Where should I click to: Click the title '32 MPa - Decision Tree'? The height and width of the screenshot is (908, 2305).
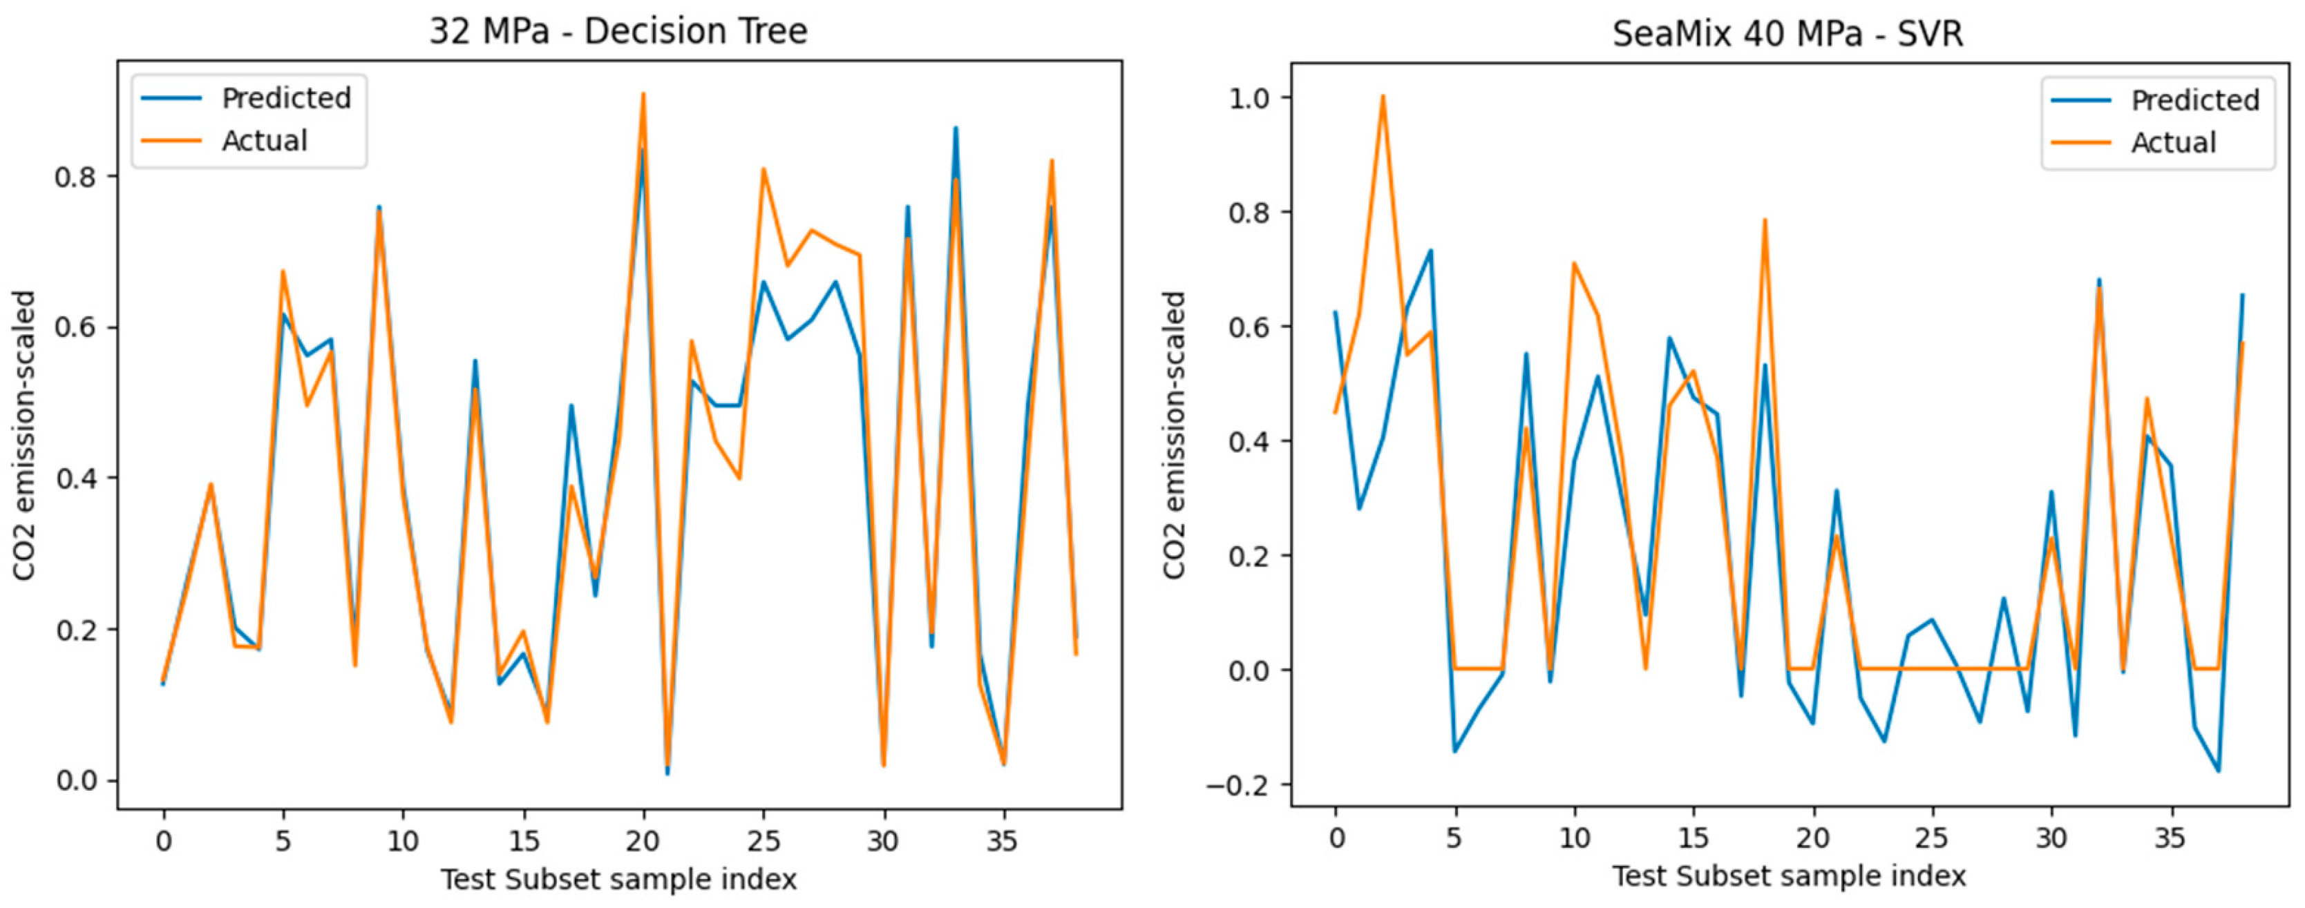click(x=618, y=31)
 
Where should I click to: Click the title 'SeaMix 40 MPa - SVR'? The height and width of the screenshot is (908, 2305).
click(x=1787, y=34)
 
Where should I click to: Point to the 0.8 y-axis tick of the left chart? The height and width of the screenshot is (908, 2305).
click(x=75, y=176)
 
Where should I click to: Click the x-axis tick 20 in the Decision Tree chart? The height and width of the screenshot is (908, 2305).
click(x=643, y=842)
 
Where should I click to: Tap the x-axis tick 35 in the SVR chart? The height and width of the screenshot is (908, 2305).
click(x=2170, y=839)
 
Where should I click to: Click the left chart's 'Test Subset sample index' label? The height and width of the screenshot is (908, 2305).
click(x=618, y=880)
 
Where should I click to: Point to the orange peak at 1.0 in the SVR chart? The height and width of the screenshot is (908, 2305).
click(x=1383, y=96)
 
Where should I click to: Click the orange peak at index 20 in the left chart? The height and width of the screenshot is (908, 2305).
click(x=643, y=94)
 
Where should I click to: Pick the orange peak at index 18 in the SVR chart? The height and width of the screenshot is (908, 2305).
click(x=1765, y=220)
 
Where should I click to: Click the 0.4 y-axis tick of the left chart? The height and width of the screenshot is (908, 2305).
click(x=75, y=479)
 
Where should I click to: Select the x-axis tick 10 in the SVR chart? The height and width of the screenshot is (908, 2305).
click(x=1574, y=839)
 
